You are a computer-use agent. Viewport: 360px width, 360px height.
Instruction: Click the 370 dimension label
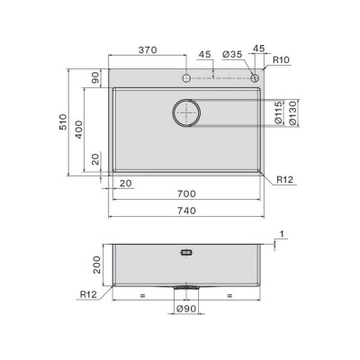pyautogui.click(x=148, y=49)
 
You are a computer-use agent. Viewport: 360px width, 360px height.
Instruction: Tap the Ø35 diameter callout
pyautogui.click(x=232, y=54)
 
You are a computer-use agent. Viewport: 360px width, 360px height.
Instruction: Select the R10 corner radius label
pyautogui.click(x=281, y=59)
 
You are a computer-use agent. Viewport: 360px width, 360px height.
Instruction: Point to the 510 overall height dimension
pyautogui.click(x=63, y=121)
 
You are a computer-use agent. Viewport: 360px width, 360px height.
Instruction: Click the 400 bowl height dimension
pyautogui.click(x=78, y=130)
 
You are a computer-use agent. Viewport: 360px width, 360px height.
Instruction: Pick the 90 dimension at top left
pyautogui.click(x=95, y=78)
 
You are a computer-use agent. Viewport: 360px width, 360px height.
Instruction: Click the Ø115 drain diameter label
pyautogui.click(x=279, y=112)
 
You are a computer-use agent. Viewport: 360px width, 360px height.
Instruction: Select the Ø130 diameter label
pyautogui.click(x=292, y=112)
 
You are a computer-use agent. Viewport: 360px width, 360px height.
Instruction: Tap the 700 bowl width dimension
pyautogui.click(x=186, y=194)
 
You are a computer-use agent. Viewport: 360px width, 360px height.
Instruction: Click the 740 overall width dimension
pyautogui.click(x=186, y=211)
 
